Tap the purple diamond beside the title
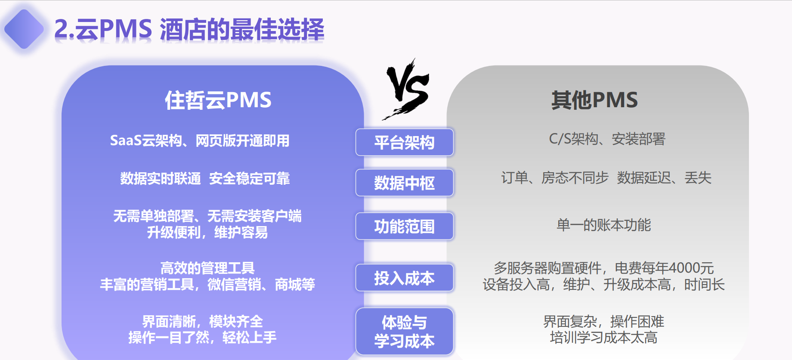pyautogui.click(x=24, y=29)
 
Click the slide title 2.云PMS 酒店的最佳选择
pyautogui.click(x=189, y=29)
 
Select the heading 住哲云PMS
pyautogui.click(x=218, y=100)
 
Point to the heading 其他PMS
pyautogui.click(x=594, y=100)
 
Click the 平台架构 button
pyautogui.click(x=405, y=142)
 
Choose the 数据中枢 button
pyautogui.click(x=405, y=183)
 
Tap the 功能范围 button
pyautogui.click(x=405, y=226)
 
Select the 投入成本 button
pyautogui.click(x=405, y=278)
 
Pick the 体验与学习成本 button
pyautogui.click(x=405, y=332)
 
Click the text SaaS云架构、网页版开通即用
pyautogui.click(x=200, y=140)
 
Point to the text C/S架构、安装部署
pyautogui.click(x=607, y=139)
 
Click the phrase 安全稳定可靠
pyautogui.click(x=249, y=178)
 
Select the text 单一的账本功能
pyautogui.click(x=603, y=225)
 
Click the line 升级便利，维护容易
pyautogui.click(x=207, y=233)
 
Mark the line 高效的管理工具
pyautogui.click(x=207, y=268)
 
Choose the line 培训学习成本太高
pyautogui.click(x=603, y=338)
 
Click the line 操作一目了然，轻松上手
pyautogui.click(x=202, y=338)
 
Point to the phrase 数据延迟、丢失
pyautogui.click(x=664, y=177)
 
